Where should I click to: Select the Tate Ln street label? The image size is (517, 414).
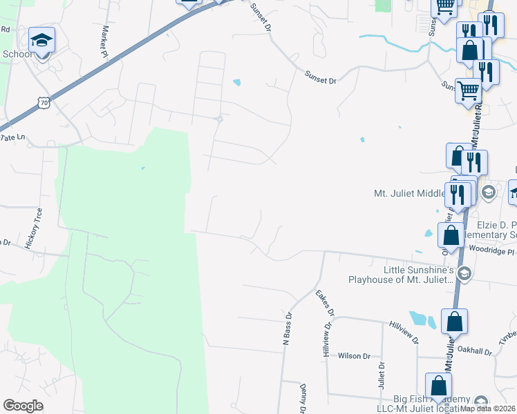tap(12, 138)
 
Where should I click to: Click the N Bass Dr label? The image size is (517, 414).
tap(288, 324)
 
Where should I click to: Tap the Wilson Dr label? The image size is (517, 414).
tap(354, 356)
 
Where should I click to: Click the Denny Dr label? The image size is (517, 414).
tap(303, 399)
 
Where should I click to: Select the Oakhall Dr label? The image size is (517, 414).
tap(476, 352)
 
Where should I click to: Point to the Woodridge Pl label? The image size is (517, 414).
tap(491, 251)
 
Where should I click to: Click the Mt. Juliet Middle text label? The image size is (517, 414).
tap(408, 193)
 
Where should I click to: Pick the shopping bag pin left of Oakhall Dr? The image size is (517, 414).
tap(454, 322)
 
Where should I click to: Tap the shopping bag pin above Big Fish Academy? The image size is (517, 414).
tap(438, 386)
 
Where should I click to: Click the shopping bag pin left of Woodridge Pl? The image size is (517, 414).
tap(451, 235)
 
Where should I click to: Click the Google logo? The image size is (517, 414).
tap(23, 406)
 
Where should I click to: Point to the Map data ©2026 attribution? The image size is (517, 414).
tap(487, 408)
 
